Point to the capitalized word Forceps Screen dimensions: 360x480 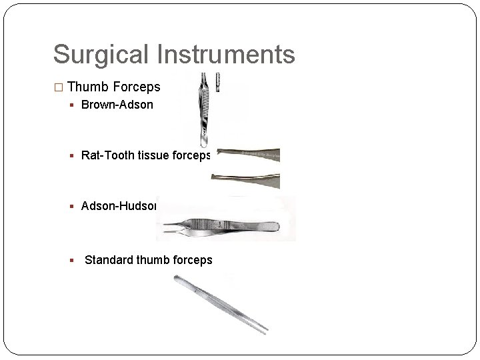click(137, 87)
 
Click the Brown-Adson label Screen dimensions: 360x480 click(117, 105)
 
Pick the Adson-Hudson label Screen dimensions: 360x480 click(119, 206)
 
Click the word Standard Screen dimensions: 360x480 click(109, 259)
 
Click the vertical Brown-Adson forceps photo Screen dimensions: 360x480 click(203, 110)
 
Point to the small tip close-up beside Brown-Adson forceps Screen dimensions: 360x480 click(217, 83)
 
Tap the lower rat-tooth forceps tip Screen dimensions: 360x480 click(247, 179)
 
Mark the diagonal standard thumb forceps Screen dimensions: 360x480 click(220, 304)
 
